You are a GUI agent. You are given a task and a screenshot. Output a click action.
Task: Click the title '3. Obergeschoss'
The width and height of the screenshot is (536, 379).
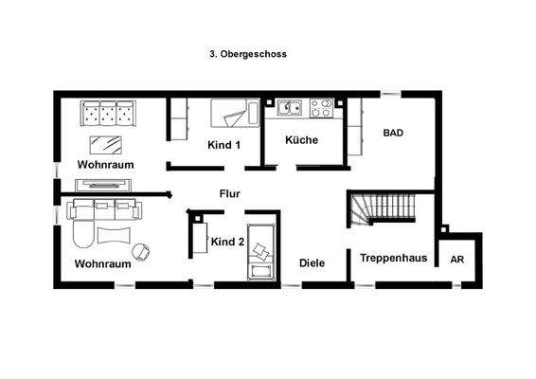[x=247, y=54]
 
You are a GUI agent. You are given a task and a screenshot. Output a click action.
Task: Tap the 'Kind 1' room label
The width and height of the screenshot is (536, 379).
[x=224, y=145]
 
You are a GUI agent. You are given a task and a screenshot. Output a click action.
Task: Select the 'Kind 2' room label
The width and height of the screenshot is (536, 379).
[x=227, y=242]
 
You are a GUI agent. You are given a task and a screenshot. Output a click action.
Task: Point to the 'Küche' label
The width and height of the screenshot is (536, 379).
[x=301, y=140]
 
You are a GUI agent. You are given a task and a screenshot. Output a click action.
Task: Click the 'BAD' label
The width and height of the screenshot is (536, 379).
[x=393, y=134]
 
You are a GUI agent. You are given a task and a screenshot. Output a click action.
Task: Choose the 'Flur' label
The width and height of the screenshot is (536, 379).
[x=229, y=194]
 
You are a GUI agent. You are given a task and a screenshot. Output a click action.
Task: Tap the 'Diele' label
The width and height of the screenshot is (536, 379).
[x=313, y=262]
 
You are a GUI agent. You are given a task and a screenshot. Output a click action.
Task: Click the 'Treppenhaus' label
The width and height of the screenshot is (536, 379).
[x=393, y=257]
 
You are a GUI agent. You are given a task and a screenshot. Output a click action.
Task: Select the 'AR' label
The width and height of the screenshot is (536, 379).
[x=457, y=259]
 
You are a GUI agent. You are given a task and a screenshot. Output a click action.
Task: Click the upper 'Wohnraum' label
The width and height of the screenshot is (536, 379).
[x=105, y=164]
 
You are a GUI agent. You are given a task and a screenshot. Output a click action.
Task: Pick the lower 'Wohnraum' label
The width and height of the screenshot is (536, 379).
[x=101, y=263]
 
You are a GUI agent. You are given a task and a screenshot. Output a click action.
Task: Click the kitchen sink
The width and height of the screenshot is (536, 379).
[x=289, y=108]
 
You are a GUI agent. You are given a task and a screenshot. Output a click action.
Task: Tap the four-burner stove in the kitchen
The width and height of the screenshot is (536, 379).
[x=322, y=108]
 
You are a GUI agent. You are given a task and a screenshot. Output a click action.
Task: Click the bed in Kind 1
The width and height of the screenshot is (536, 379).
[x=232, y=114]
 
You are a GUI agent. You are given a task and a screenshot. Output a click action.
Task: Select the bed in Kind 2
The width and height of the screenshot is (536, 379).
[x=260, y=249]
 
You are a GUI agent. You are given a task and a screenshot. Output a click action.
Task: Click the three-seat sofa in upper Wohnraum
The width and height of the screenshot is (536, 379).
[x=107, y=114]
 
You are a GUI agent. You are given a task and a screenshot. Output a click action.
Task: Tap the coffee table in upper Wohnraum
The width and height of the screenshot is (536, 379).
[x=106, y=144]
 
